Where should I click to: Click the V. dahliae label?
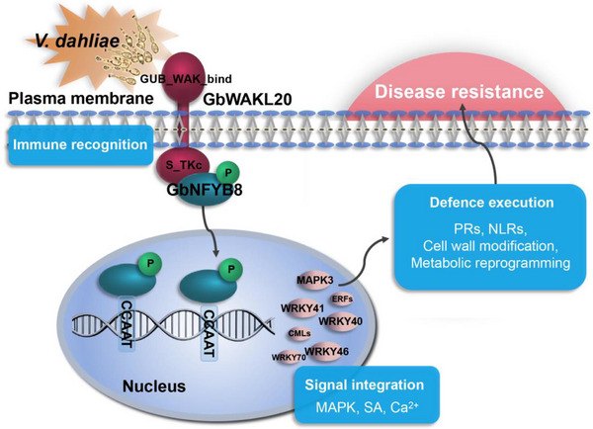pyautogui.click(x=77, y=41)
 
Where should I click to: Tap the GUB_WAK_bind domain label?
pyautogui.click(x=186, y=79)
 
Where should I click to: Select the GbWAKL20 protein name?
pyautogui.click(x=248, y=99)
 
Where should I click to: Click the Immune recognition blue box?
pyautogui.click(x=80, y=145)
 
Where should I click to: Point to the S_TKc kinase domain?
pyautogui.click(x=183, y=165)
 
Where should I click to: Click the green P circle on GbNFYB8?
pyautogui.click(x=228, y=173)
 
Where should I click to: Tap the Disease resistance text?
pyautogui.click(x=460, y=92)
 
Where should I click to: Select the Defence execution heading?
pyautogui.click(x=491, y=203)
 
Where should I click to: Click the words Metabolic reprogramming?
pyautogui.click(x=490, y=263)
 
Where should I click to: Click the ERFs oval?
pyautogui.click(x=342, y=300)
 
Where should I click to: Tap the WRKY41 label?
pyautogui.click(x=302, y=308)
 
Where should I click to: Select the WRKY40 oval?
pyautogui.click(x=340, y=321)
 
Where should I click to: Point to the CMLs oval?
pyautogui.click(x=299, y=333)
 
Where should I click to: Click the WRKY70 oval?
pyautogui.click(x=289, y=357)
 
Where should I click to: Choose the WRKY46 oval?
pyautogui.click(x=327, y=352)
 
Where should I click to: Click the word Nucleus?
pyautogui.click(x=154, y=386)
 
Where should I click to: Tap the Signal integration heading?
pyautogui.click(x=364, y=385)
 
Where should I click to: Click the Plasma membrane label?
pyautogui.click(x=81, y=99)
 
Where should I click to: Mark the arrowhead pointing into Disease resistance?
pyautogui.click(x=462, y=110)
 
